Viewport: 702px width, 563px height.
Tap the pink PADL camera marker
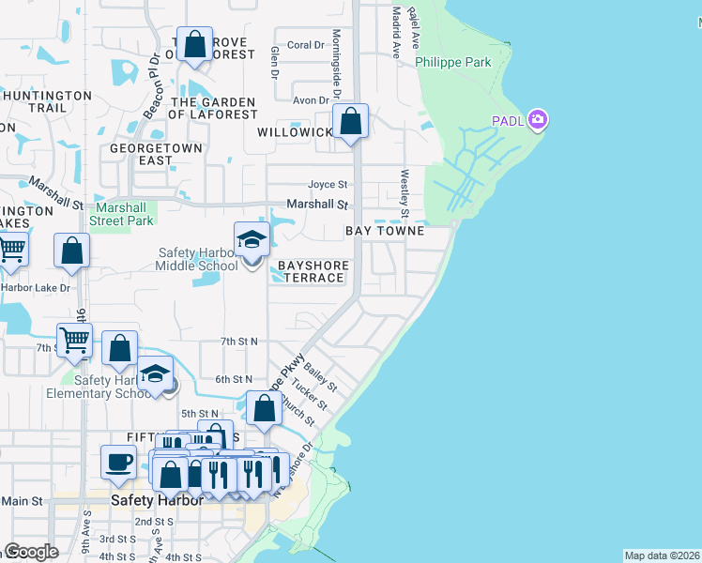point(538,119)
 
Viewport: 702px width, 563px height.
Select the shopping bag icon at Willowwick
point(351,122)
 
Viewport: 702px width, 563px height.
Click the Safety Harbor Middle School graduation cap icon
point(252,240)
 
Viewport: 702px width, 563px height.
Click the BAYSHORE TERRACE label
point(313,272)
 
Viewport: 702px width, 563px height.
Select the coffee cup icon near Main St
point(118,462)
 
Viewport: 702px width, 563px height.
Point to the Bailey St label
point(320,380)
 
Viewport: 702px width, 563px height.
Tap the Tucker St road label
point(308,394)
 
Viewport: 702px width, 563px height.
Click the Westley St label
point(405,188)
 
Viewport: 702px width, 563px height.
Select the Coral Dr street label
point(305,45)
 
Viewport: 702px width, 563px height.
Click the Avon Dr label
point(311,100)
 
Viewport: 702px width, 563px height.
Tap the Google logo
point(31,552)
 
